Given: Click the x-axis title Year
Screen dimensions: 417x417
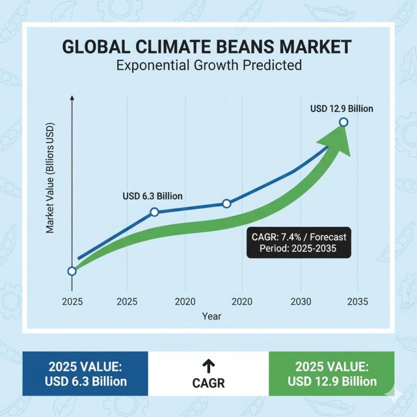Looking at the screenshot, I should pyautogui.click(x=212, y=316).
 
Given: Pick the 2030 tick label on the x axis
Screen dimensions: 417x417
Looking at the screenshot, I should pyautogui.click(x=301, y=301).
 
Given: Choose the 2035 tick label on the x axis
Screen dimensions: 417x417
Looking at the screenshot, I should pyautogui.click(x=357, y=301).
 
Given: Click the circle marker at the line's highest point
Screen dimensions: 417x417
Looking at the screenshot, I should pyautogui.click(x=344, y=122).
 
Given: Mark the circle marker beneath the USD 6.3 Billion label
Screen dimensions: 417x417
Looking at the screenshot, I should pyautogui.click(x=154, y=212).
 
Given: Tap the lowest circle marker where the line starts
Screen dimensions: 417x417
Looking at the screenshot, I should pyautogui.click(x=72, y=271).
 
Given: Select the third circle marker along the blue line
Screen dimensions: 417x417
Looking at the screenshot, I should pyautogui.click(x=226, y=203).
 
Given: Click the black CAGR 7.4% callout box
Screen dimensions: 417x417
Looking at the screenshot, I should pyautogui.click(x=299, y=242).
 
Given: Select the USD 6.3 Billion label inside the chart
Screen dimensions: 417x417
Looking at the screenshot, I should pyautogui.click(x=153, y=196).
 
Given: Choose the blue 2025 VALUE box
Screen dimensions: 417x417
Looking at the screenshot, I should pyautogui.click(x=85, y=373).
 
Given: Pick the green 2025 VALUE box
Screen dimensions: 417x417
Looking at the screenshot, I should pyautogui.click(x=332, y=373).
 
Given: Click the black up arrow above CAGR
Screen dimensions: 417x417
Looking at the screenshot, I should pyautogui.click(x=208, y=365).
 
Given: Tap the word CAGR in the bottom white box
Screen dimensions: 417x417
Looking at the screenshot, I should pyautogui.click(x=208, y=383).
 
